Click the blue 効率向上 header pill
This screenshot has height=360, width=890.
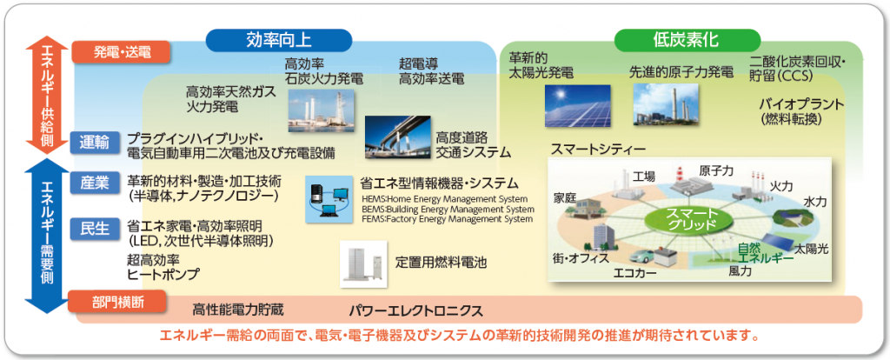pyautogui.click(x=279, y=40)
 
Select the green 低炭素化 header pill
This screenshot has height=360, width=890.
pyautogui.click(x=687, y=40)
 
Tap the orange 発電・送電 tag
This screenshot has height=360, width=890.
pyautogui.click(x=121, y=53)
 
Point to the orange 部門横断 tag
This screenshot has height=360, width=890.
pyautogui.click(x=117, y=302)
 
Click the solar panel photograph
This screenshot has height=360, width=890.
pyautogui.click(x=578, y=105)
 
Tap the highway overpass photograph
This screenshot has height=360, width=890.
pyautogui.click(x=397, y=137)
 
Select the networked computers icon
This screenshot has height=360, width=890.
pyautogui.click(x=329, y=199)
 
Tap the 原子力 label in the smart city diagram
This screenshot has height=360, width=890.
pyautogui.click(x=715, y=171)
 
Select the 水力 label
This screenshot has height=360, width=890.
pyautogui.click(x=815, y=203)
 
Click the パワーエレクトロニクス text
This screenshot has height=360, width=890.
pyautogui.click(x=416, y=310)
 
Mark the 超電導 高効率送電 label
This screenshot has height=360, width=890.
pyautogui.click(x=431, y=71)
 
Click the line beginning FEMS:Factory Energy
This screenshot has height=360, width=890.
pyautogui.click(x=448, y=218)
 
